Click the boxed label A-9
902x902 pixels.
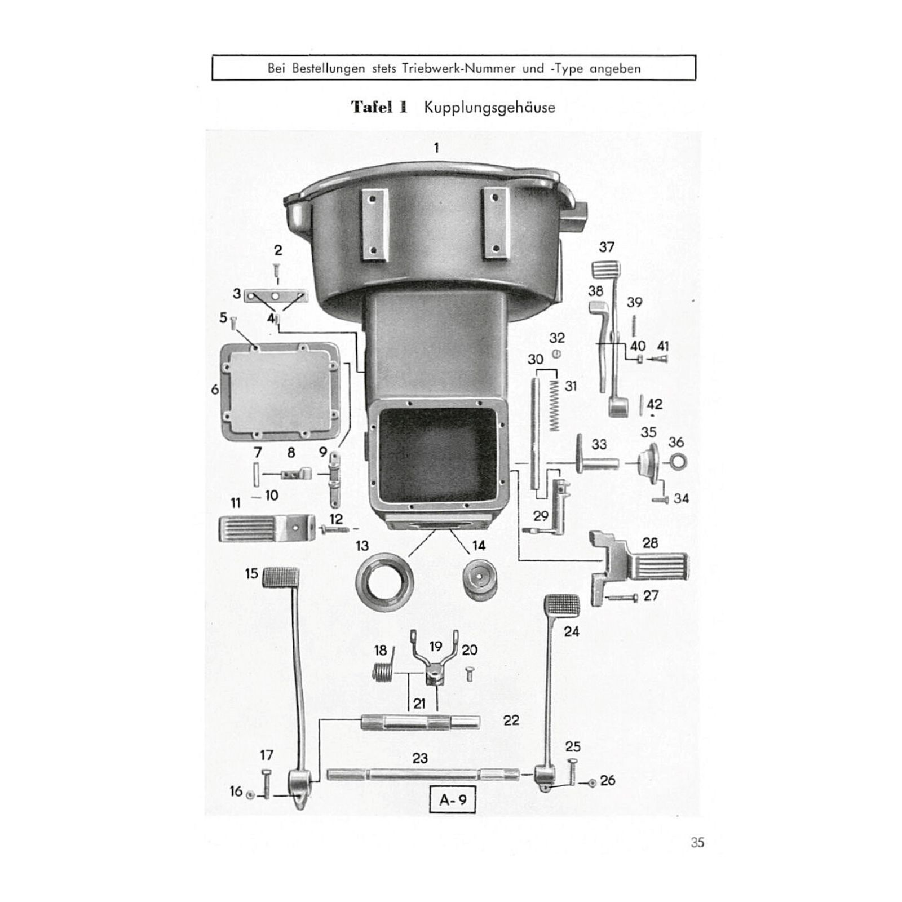(452, 800)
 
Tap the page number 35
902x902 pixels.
(697, 843)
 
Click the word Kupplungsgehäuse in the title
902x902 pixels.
(489, 108)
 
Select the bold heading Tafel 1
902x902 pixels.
(379, 107)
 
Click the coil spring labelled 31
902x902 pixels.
(555, 405)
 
